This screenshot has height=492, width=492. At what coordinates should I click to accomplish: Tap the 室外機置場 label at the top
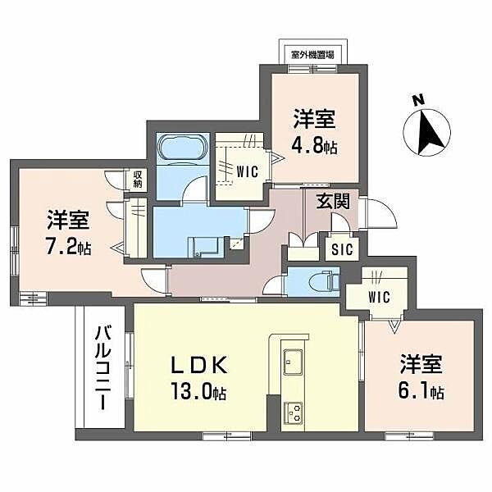312,55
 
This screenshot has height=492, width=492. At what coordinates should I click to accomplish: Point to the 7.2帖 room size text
69,246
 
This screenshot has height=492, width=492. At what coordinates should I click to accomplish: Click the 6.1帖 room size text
422,391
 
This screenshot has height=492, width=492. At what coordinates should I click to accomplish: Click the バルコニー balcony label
102,368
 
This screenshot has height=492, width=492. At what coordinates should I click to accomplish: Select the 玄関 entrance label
335,200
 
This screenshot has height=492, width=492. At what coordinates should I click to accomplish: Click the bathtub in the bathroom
178,149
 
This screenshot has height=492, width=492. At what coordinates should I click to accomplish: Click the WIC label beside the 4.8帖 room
248,171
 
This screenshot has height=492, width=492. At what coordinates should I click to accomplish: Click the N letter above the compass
418,102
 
